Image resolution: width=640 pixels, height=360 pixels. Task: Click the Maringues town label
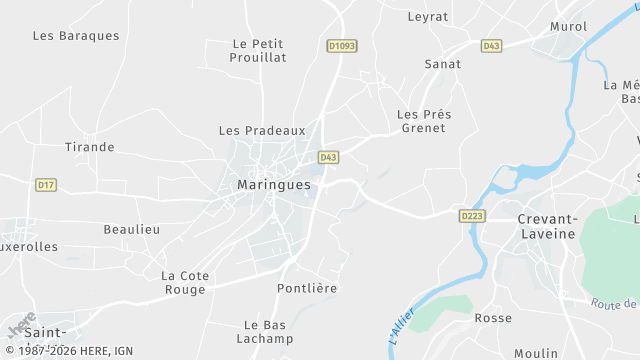pos(274,185)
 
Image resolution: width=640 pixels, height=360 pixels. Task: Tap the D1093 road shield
pos(342,46)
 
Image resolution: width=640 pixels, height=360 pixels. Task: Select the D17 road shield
pos(45,185)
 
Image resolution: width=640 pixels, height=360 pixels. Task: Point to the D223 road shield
pos(472,215)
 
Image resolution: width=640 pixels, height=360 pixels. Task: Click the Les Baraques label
pos(76,36)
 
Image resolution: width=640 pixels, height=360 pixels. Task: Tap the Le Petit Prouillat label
pos(259,50)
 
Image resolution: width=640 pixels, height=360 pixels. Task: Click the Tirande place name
pos(90,147)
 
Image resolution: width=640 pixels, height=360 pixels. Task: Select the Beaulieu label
pos(132,229)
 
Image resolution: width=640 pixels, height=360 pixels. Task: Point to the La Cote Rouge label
pos(183,282)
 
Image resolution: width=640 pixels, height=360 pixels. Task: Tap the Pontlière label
pos(307,288)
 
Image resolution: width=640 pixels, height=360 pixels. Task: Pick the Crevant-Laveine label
pos(547,226)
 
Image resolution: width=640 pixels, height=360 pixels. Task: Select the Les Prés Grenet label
pos(424,121)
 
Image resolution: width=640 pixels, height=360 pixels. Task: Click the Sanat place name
pos(443,64)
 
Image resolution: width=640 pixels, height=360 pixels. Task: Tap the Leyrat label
pos(428,16)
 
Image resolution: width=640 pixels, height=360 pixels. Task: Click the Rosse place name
pos(493,318)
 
